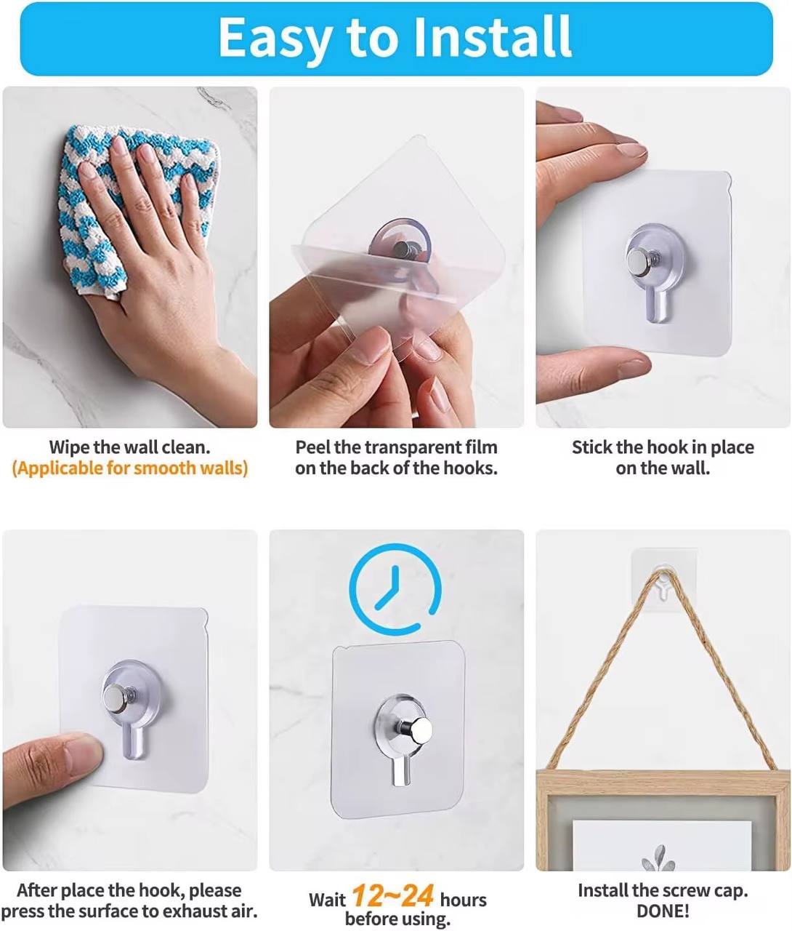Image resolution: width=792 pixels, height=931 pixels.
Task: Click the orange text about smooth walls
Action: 130,468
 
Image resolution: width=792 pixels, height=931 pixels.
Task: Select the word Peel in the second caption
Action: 312,447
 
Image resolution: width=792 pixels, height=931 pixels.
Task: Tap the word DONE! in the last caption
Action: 663,911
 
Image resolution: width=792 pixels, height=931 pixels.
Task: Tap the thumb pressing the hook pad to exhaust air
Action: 51,764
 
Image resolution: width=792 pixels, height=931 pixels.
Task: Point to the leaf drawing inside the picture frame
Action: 658,858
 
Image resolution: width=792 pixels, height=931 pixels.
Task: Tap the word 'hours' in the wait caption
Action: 463,900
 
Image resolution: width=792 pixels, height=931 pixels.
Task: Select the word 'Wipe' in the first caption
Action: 68,447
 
